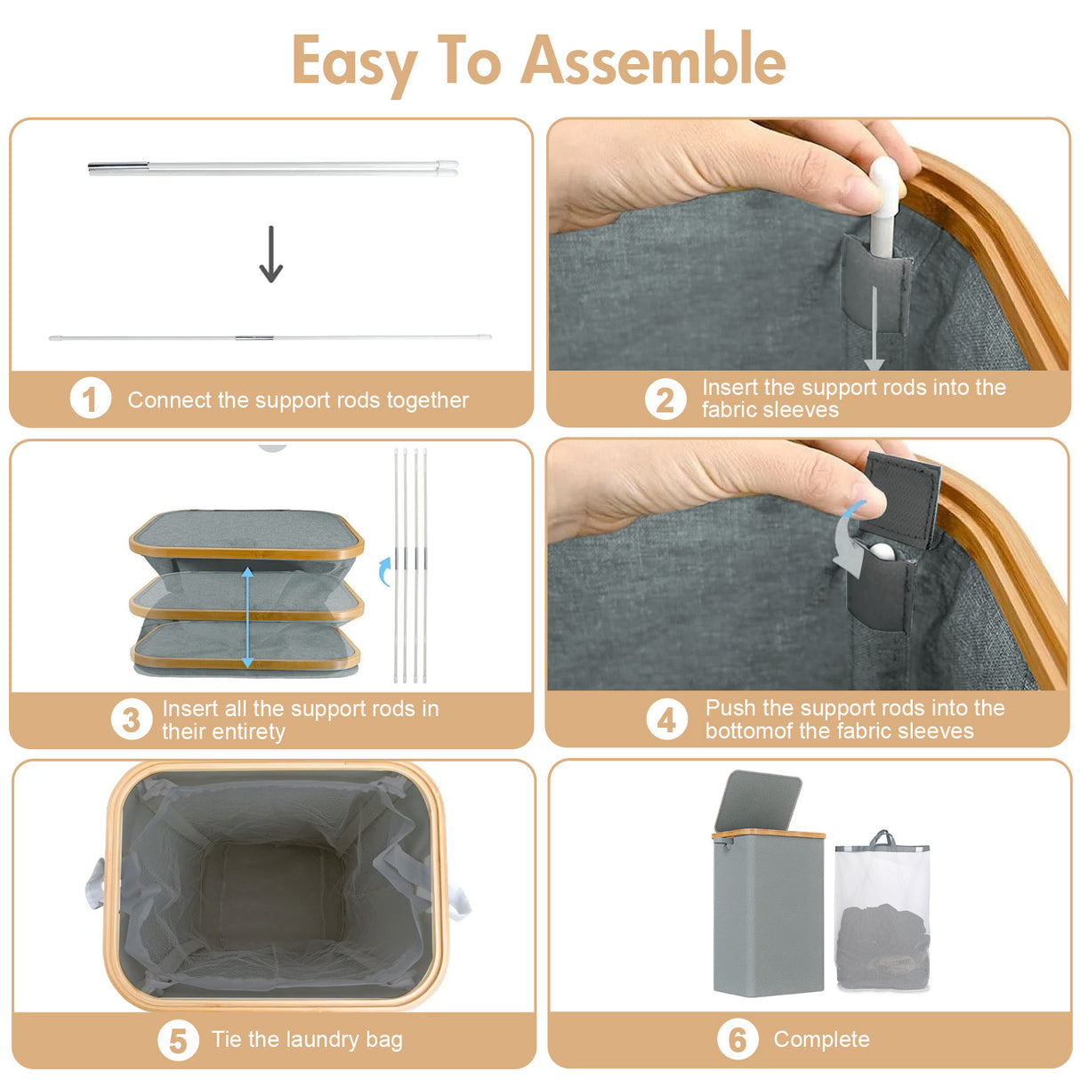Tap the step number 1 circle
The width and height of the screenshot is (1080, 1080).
(x=90, y=399)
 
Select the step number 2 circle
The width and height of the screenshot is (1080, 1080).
(x=665, y=399)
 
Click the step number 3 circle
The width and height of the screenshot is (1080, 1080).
(x=131, y=720)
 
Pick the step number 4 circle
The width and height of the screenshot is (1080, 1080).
(x=666, y=720)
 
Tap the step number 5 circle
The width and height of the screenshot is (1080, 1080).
(x=178, y=1040)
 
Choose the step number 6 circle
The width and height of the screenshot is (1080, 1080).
(x=737, y=1039)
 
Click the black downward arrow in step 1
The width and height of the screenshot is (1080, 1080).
(x=271, y=254)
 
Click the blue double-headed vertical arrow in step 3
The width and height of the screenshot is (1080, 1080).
(x=247, y=617)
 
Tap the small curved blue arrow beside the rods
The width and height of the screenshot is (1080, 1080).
(x=384, y=571)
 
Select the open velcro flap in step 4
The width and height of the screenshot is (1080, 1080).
(x=902, y=498)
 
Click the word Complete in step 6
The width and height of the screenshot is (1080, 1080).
(x=821, y=1039)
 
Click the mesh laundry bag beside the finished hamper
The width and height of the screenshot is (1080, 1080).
(x=882, y=916)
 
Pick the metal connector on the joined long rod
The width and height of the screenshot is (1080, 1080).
(x=254, y=338)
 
